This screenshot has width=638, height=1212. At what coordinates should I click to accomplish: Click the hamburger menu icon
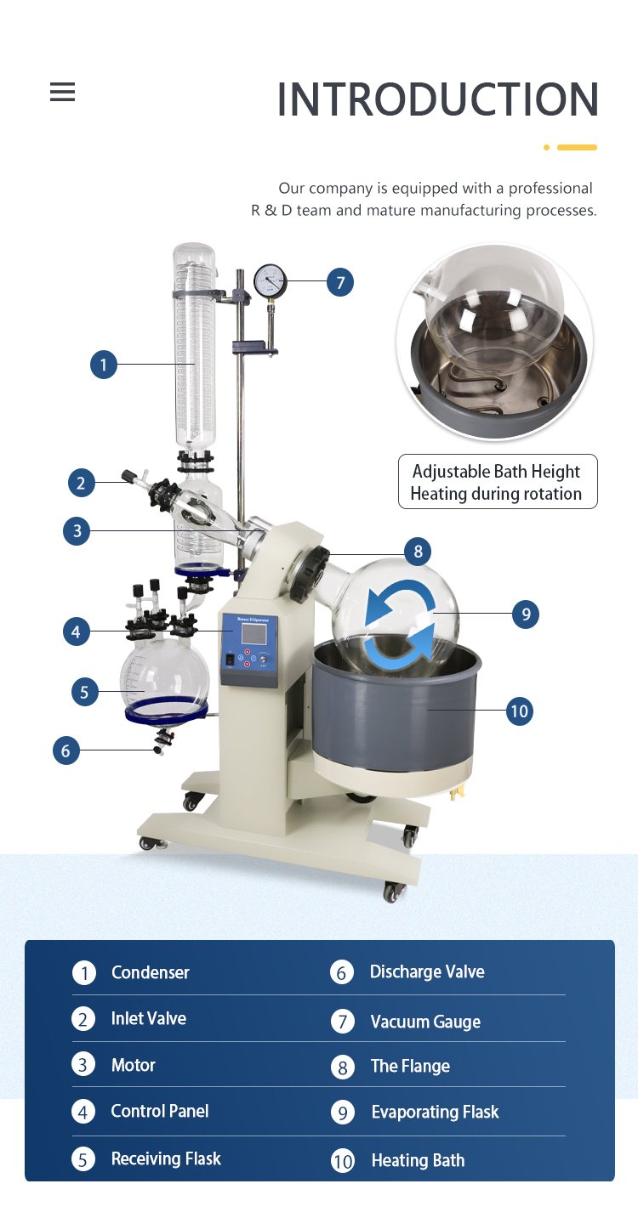[62, 92]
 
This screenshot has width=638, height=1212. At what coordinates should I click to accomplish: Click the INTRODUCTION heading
[437, 99]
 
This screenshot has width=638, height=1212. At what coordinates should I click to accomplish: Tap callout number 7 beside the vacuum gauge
[340, 282]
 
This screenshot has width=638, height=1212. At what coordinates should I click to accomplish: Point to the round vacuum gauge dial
[270, 280]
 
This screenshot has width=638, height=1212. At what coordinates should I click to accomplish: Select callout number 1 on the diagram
[104, 364]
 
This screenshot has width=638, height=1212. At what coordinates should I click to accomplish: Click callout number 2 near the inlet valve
[82, 483]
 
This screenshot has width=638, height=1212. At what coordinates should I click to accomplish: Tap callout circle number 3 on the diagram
[77, 531]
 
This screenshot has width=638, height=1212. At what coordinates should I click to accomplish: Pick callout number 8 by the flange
[418, 552]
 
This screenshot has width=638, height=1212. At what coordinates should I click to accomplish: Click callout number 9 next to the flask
[526, 614]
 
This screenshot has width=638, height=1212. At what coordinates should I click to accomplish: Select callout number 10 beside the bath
[520, 711]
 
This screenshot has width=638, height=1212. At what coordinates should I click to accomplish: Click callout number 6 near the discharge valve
[66, 750]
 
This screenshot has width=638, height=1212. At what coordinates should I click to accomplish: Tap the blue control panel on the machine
[250, 650]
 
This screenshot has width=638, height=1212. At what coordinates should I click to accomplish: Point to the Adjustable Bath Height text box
[498, 482]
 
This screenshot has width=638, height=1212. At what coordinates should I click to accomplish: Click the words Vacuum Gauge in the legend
[425, 1022]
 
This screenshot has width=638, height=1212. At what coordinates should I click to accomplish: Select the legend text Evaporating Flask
[435, 1112]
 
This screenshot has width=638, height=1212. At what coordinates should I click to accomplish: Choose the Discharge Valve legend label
[427, 971]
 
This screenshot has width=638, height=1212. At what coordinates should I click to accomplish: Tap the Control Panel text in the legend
[160, 1111]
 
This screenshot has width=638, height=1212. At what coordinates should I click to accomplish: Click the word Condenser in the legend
[151, 972]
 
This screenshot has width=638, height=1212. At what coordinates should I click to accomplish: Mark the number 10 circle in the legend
[342, 1161]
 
